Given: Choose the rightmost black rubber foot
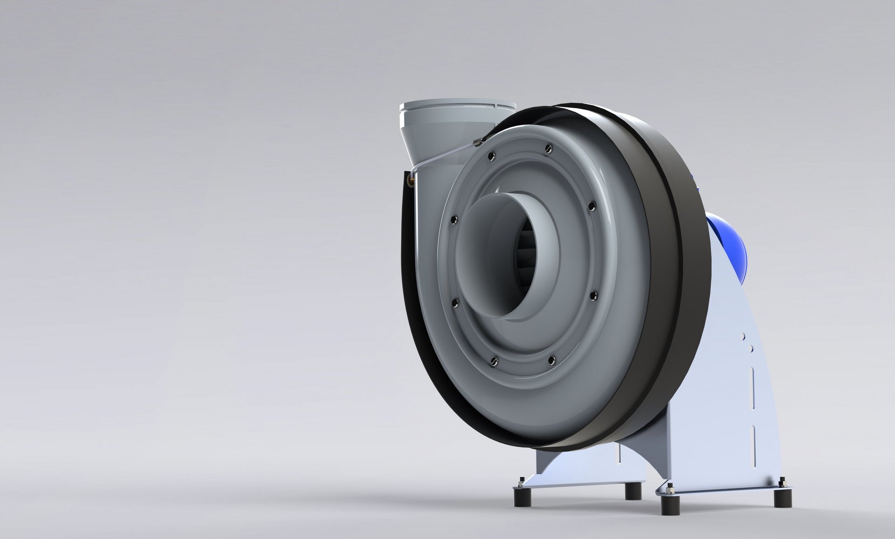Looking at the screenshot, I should [x=783, y=498].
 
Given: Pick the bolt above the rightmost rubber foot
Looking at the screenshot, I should [x=781, y=481].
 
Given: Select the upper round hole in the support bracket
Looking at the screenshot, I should [x=743, y=336].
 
